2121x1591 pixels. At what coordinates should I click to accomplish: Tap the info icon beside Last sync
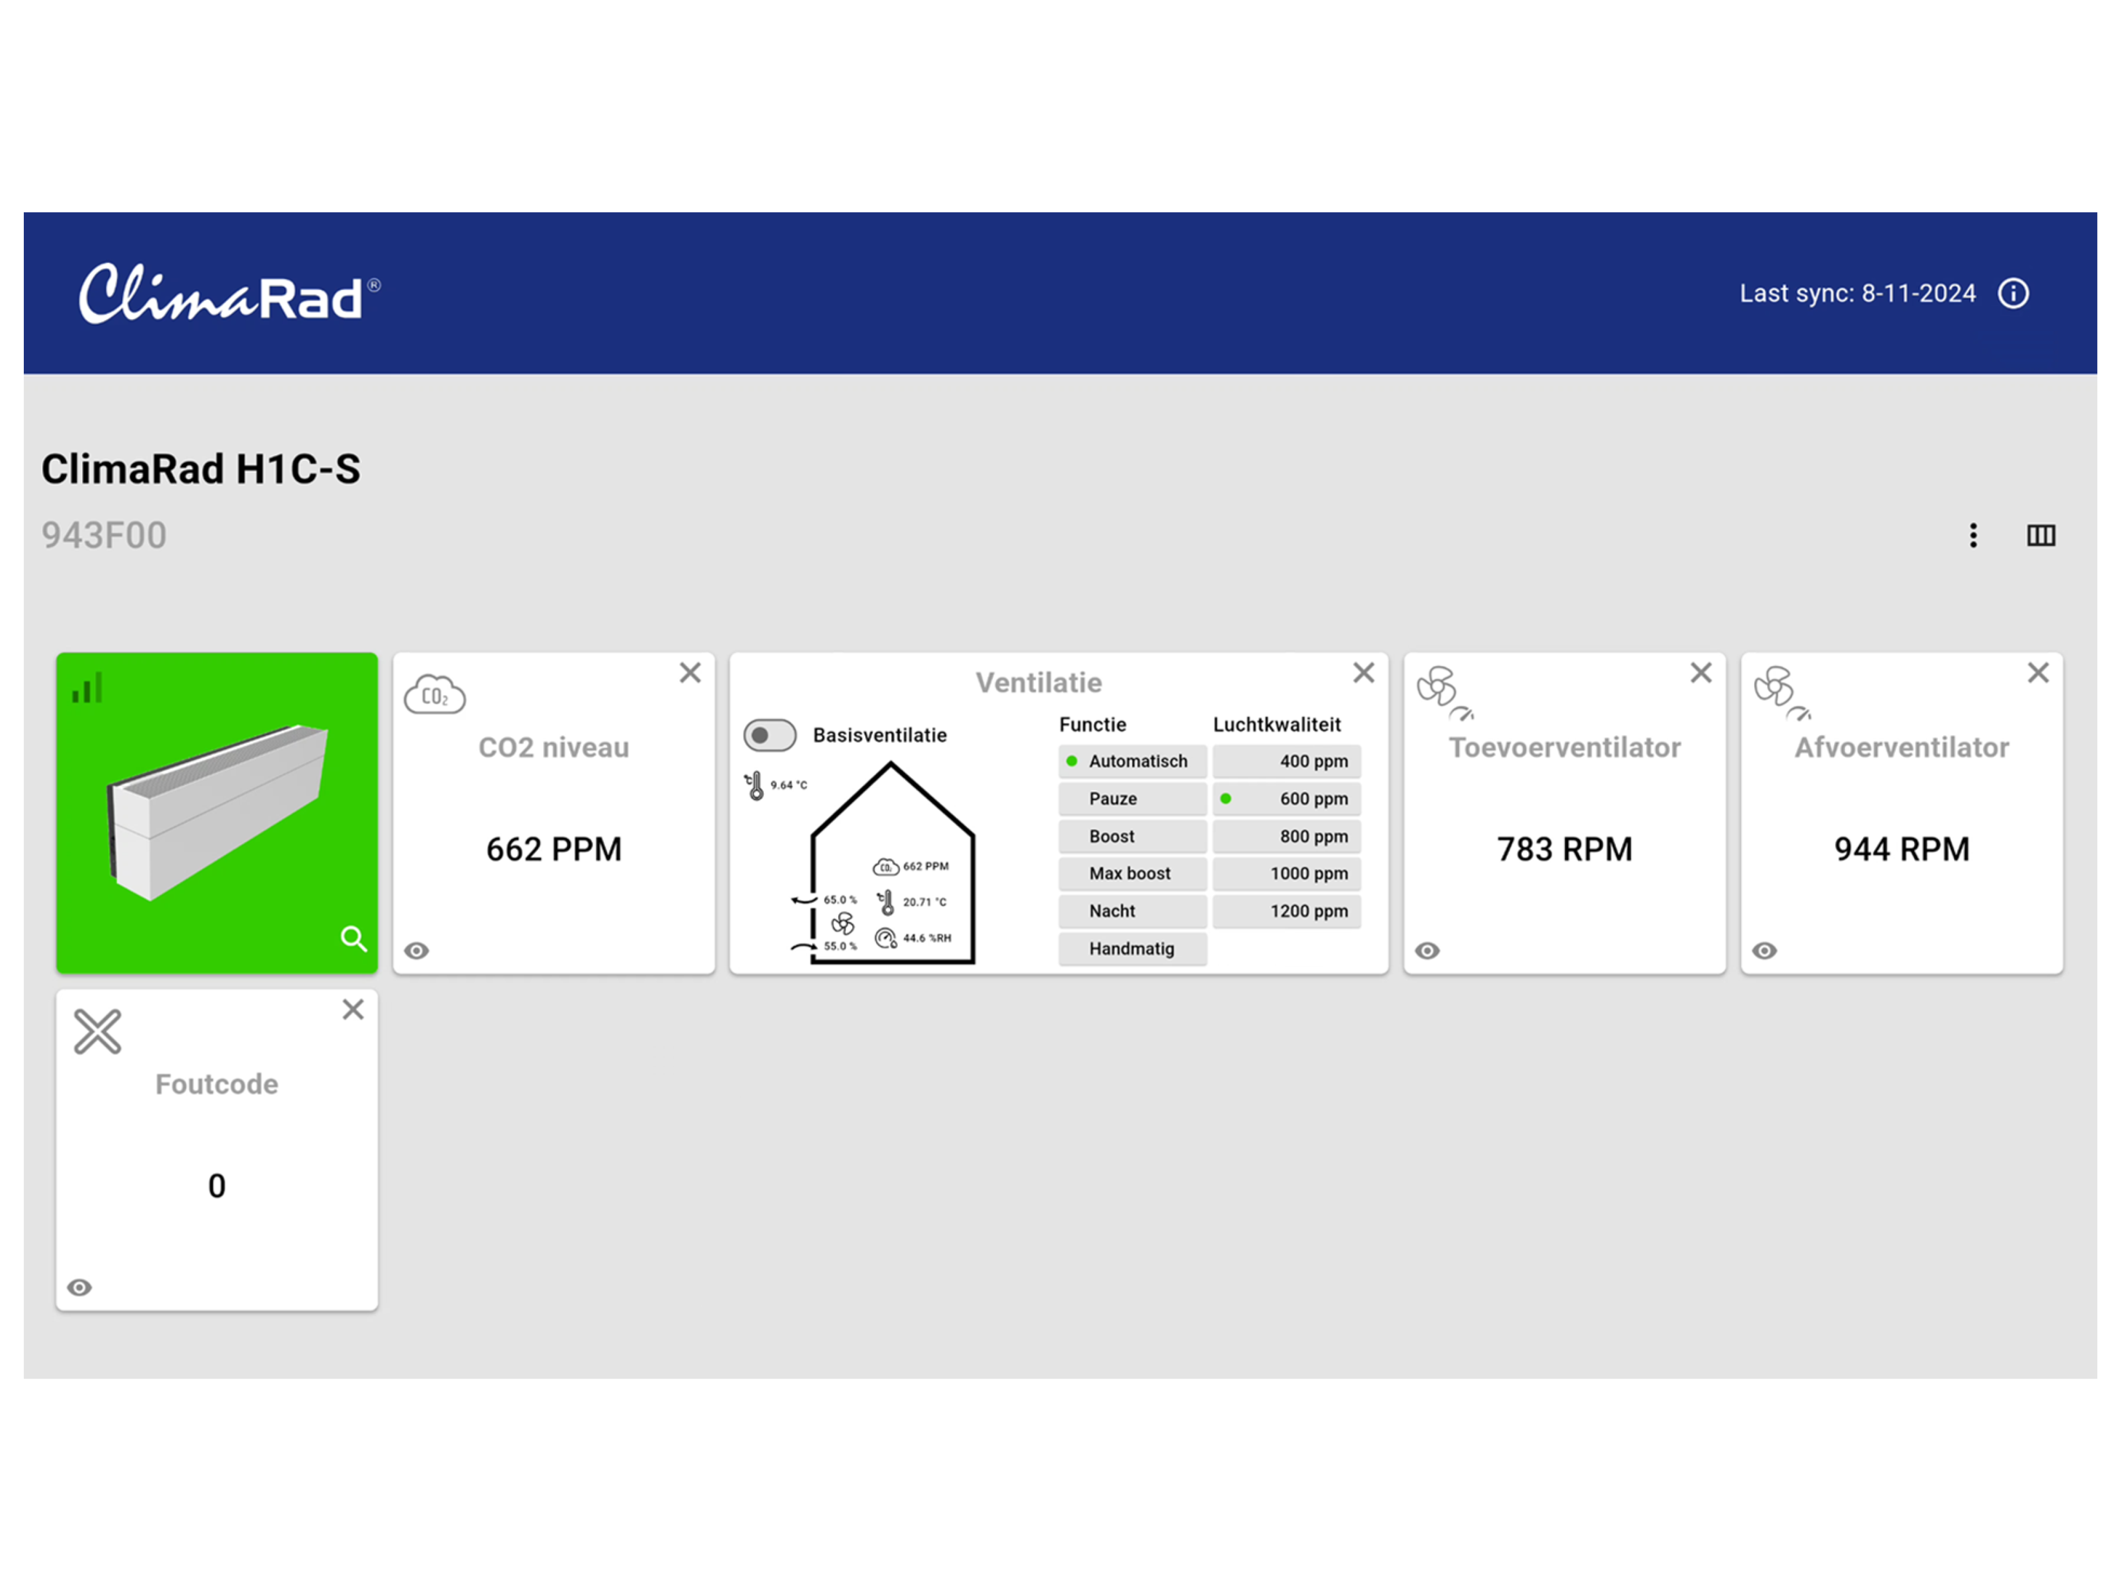[x=2013, y=294]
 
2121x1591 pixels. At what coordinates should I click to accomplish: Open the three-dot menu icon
[x=1972, y=535]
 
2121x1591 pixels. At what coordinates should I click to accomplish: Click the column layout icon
[x=2041, y=535]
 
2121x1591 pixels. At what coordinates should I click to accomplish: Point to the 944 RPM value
[x=1901, y=849]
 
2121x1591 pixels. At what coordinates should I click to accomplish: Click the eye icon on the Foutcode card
[x=79, y=1287]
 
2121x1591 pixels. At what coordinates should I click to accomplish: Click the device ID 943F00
[x=104, y=535]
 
